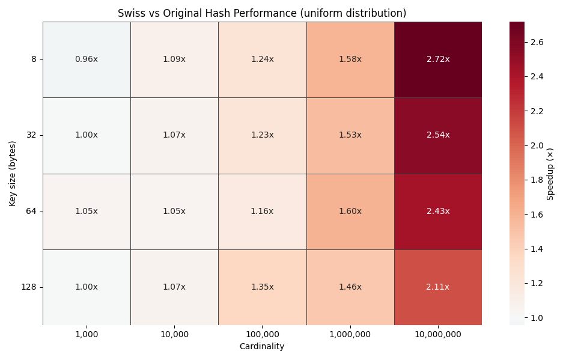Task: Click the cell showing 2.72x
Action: (x=438, y=59)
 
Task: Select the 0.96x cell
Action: (x=87, y=59)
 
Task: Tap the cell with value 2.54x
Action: (x=438, y=135)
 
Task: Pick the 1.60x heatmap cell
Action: (x=350, y=212)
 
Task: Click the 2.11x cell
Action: (x=438, y=287)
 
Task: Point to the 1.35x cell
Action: (x=263, y=287)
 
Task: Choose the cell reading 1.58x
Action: (x=350, y=59)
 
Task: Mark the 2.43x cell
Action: (x=438, y=212)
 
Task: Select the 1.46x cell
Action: (x=350, y=287)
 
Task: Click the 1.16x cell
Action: (x=263, y=212)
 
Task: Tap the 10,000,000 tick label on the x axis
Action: (x=438, y=334)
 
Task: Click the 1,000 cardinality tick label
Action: (x=87, y=334)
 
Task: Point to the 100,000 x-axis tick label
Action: (x=263, y=334)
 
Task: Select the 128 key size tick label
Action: (x=29, y=287)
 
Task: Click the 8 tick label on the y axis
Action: (x=34, y=59)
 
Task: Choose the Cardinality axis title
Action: (x=262, y=347)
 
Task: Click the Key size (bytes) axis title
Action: (x=13, y=174)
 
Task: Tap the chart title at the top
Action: (x=262, y=13)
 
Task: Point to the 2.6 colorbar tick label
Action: (x=538, y=42)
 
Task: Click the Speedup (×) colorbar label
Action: (x=550, y=174)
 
